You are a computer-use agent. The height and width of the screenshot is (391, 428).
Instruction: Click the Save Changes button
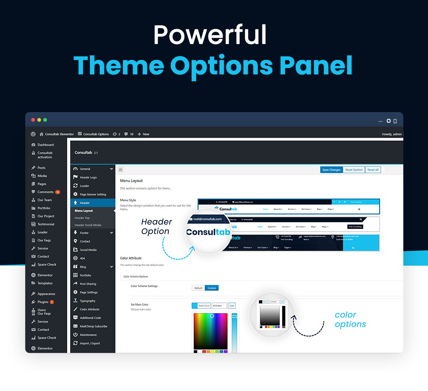pyautogui.click(x=331, y=170)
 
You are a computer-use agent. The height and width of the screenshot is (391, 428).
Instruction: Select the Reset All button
pyautogui.click(x=373, y=170)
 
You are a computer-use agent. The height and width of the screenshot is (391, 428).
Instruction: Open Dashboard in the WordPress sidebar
pyautogui.click(x=45, y=145)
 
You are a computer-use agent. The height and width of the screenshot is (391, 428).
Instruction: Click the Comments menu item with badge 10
pyautogui.click(x=46, y=192)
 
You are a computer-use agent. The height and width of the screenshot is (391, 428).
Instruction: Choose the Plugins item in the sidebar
pyautogui.click(x=43, y=302)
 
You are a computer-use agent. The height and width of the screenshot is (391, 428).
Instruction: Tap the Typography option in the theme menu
pyautogui.click(x=88, y=301)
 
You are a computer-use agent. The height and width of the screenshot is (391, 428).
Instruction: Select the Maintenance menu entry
pyautogui.click(x=88, y=335)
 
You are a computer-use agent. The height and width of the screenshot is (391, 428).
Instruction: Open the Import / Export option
pyautogui.click(x=89, y=344)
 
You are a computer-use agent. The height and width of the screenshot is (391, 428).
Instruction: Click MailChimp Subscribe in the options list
pyautogui.click(x=93, y=326)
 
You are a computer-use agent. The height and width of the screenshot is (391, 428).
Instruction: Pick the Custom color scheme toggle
pyautogui.click(x=211, y=288)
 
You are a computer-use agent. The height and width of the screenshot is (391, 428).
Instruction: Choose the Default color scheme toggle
pyautogui.click(x=198, y=288)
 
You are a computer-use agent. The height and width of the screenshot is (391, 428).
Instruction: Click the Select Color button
pyautogui.click(x=204, y=306)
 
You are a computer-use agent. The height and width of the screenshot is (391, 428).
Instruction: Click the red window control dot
pyautogui.click(x=33, y=120)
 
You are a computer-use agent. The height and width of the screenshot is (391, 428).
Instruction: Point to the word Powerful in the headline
pyautogui.click(x=210, y=35)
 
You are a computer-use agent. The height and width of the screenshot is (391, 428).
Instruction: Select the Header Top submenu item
pyautogui.click(x=82, y=218)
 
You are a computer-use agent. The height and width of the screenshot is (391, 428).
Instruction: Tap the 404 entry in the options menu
pyautogui.click(x=83, y=258)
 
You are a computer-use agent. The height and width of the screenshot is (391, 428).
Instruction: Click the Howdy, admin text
pyautogui.click(x=392, y=134)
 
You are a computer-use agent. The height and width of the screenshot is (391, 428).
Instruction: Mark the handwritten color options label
pyautogui.click(x=350, y=320)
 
